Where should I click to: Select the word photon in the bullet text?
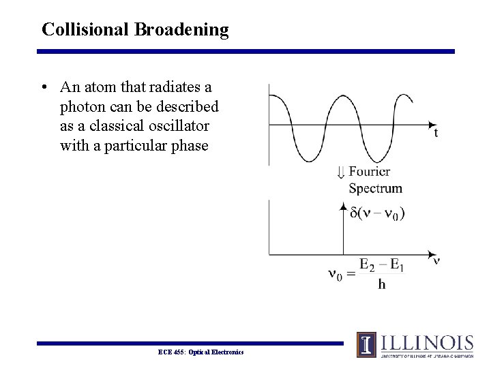tap(83, 108)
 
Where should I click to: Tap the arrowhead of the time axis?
tap(431, 125)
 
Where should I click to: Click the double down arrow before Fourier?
tap(341, 172)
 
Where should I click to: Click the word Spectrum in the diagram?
tap(375, 188)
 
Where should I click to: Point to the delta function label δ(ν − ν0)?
tap(376, 213)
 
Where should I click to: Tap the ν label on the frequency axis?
tap(436, 260)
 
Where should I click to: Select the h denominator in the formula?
tap(381, 284)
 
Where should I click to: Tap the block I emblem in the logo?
tap(366, 344)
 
